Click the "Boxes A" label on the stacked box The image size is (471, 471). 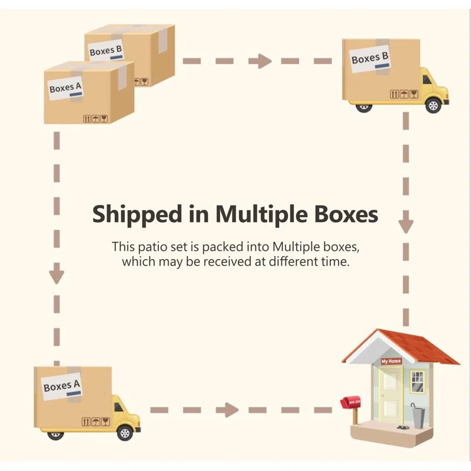click(66, 88)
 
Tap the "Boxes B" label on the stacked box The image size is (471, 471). click(106, 51)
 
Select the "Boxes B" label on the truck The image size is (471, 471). click(370, 58)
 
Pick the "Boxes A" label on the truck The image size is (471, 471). click(62, 387)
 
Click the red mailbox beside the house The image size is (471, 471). click(350, 403)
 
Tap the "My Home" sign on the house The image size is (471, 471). click(391, 361)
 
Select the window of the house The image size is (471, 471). click(417, 381)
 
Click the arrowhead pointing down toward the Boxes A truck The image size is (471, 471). click(56, 275)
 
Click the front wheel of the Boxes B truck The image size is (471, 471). click(433, 106)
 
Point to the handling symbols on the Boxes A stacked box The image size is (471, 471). click(95, 119)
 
